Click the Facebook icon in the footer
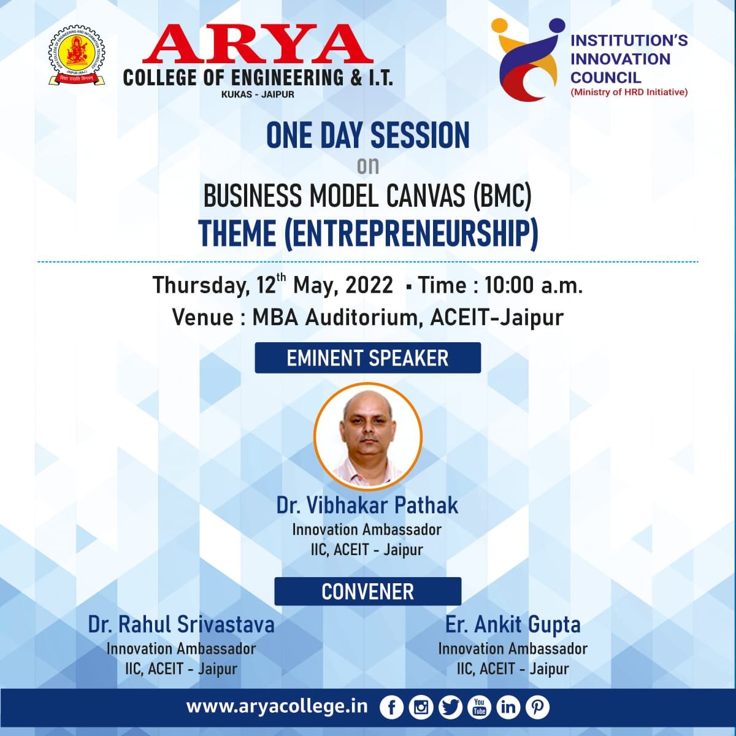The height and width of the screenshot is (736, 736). pos(391,707)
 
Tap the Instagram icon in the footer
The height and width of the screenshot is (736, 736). pos(421,707)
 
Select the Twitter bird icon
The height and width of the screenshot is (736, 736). pos(450,707)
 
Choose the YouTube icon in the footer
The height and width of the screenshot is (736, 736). pos(480,707)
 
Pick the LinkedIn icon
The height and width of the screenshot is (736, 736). pos(508,707)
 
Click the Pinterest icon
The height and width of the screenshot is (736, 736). pos(537,707)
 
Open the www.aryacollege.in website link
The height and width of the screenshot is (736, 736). pos(277,707)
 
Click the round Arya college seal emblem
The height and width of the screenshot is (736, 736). pos(77,55)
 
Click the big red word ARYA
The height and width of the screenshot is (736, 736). pos(258,45)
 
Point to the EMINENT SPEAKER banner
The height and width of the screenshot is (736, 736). pos(368,358)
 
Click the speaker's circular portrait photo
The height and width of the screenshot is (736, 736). pos(368,437)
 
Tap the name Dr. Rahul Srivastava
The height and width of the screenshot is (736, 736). pos(182,625)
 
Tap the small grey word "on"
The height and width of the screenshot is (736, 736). pos(368,166)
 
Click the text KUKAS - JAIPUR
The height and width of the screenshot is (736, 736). pos(258,94)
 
